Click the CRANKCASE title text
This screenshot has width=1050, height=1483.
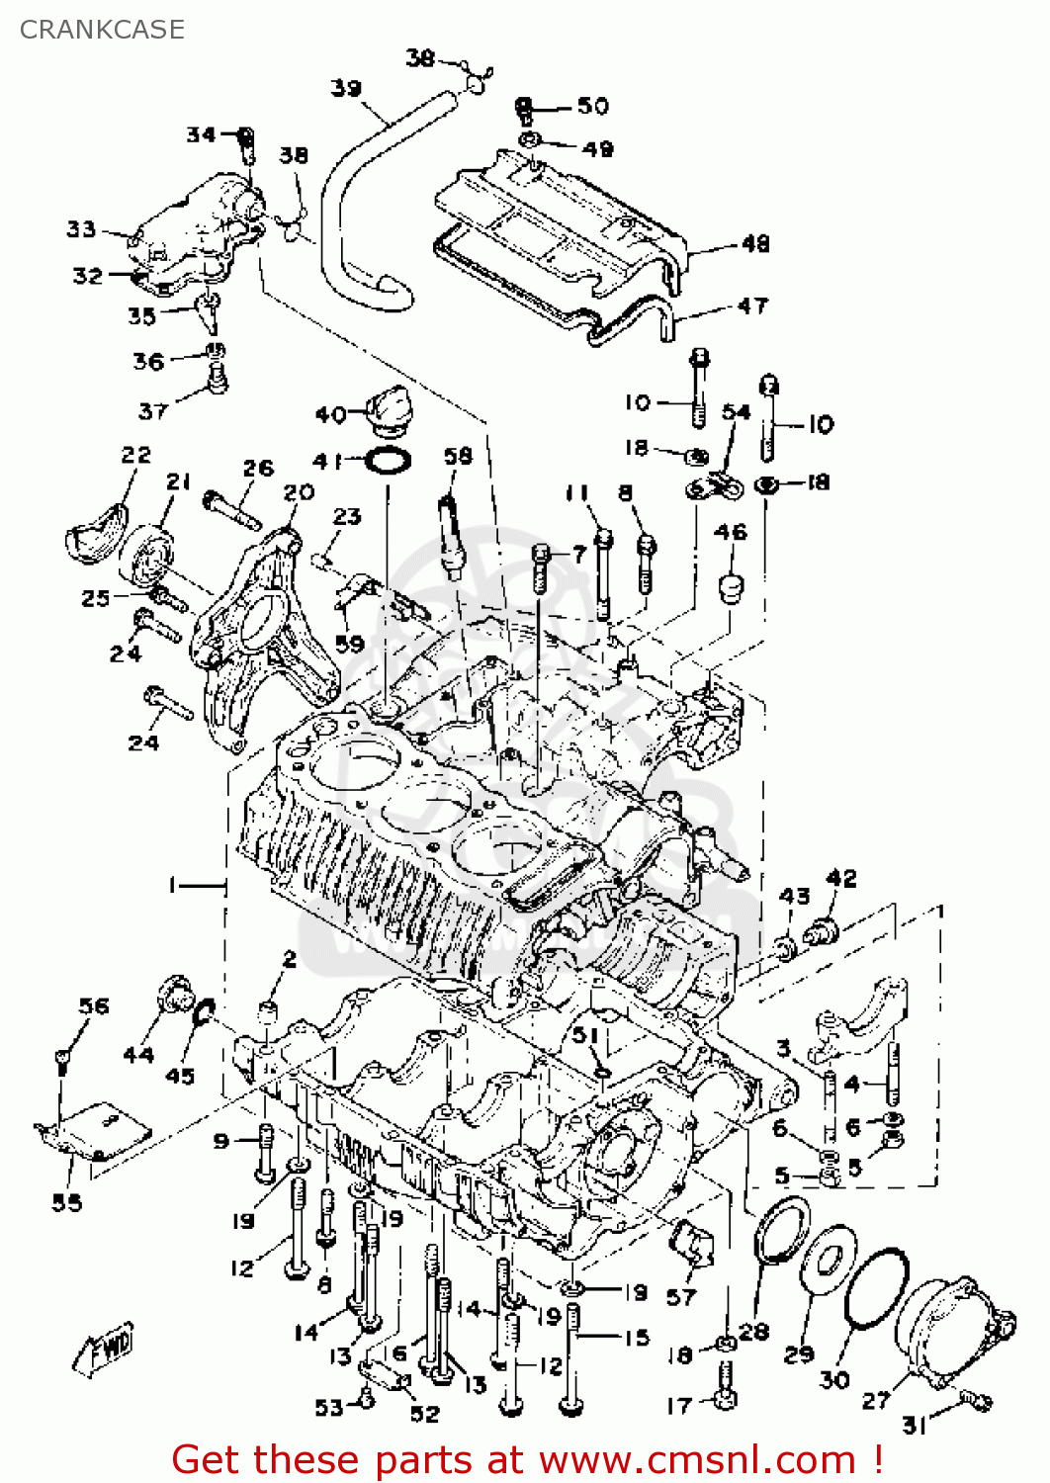[102, 30]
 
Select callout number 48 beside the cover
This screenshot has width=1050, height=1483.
[754, 243]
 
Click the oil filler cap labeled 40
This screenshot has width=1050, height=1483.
[384, 408]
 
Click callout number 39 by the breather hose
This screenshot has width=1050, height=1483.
[346, 89]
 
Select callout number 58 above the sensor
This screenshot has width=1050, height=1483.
[458, 456]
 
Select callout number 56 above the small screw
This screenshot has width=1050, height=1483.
[94, 1006]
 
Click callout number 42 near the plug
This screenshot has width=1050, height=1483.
[840, 878]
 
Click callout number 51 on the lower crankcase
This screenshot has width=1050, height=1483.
[585, 1035]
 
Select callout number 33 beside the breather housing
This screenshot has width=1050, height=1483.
[81, 229]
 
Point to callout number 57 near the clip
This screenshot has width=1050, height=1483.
[681, 1296]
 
